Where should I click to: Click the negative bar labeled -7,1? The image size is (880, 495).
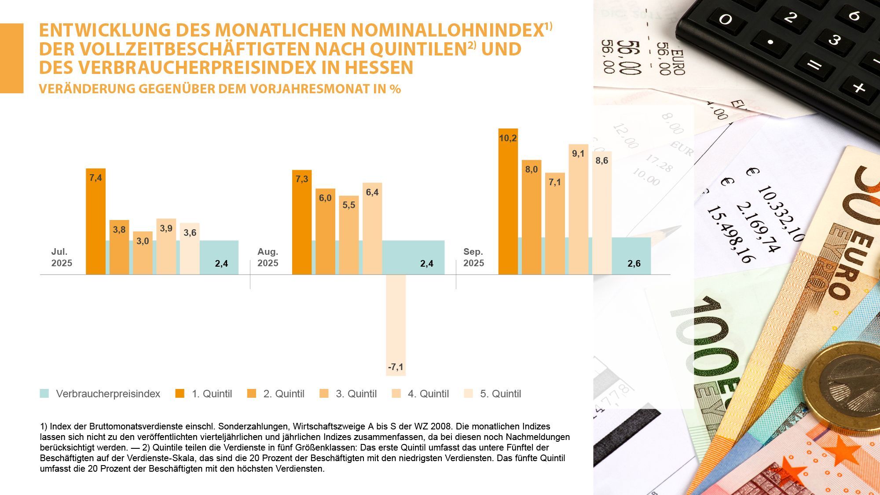(x=396, y=326)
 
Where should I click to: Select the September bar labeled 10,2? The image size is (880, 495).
(x=508, y=202)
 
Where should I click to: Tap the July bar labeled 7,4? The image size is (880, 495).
(x=95, y=222)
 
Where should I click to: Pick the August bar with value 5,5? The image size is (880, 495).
(x=348, y=235)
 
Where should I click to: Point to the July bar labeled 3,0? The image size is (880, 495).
(x=143, y=253)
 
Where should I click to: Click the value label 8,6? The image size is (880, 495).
(x=601, y=161)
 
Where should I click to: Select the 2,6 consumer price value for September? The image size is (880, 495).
(x=634, y=264)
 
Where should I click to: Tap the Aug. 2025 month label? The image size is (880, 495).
(x=268, y=257)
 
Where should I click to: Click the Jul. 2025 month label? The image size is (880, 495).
(x=62, y=257)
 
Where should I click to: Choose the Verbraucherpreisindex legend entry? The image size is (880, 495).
(x=108, y=394)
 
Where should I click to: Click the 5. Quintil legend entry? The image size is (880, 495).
(x=500, y=394)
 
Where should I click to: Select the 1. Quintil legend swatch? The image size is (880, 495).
(x=180, y=393)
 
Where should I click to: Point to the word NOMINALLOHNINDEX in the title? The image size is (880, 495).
(x=447, y=30)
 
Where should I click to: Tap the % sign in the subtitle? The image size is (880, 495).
(x=395, y=89)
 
